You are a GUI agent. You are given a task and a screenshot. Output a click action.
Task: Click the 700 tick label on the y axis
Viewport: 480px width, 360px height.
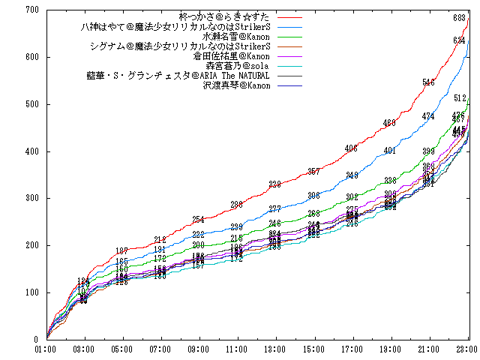point(31,10)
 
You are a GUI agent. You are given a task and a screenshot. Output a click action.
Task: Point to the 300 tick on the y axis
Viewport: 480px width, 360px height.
point(31,198)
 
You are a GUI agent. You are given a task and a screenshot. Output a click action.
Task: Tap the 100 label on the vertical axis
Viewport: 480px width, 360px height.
point(31,292)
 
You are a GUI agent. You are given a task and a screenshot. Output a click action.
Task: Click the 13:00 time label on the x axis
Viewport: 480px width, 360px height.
point(274,349)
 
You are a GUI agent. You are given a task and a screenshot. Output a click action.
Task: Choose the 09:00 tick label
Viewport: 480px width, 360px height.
point(199,349)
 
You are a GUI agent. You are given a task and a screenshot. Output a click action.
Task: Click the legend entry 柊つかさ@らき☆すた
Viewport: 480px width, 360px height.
point(226,16)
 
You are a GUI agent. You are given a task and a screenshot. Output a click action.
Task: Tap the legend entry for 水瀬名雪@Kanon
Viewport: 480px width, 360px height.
point(235,36)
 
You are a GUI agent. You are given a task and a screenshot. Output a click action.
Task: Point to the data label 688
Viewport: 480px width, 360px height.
point(459,18)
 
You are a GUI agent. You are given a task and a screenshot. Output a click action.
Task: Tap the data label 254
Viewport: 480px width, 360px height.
point(198,220)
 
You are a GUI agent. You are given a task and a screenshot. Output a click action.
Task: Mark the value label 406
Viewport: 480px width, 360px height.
point(351,148)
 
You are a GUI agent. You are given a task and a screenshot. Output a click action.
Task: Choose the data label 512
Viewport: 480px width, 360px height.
point(460,98)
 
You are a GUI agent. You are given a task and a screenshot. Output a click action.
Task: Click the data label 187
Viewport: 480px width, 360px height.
point(121,251)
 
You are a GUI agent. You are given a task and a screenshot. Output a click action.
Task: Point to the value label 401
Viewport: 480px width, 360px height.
point(389,151)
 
